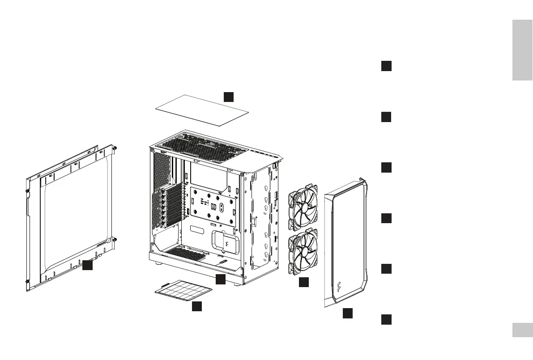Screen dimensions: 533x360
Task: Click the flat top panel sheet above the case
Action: click(202, 110)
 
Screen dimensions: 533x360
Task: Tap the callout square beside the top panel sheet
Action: click(229, 96)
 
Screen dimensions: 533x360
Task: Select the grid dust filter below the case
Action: click(183, 291)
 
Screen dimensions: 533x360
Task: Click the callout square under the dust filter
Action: click(196, 306)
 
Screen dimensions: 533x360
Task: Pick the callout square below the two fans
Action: click(304, 282)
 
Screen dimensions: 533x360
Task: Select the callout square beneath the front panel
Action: click(348, 313)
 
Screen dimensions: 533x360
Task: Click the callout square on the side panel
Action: click(87, 265)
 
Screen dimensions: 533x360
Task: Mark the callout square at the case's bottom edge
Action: click(221, 280)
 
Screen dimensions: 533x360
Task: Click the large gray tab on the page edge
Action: click(522, 50)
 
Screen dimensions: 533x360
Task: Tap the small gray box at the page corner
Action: click(522, 330)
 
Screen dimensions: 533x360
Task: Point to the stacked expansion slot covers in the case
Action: click(171, 206)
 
